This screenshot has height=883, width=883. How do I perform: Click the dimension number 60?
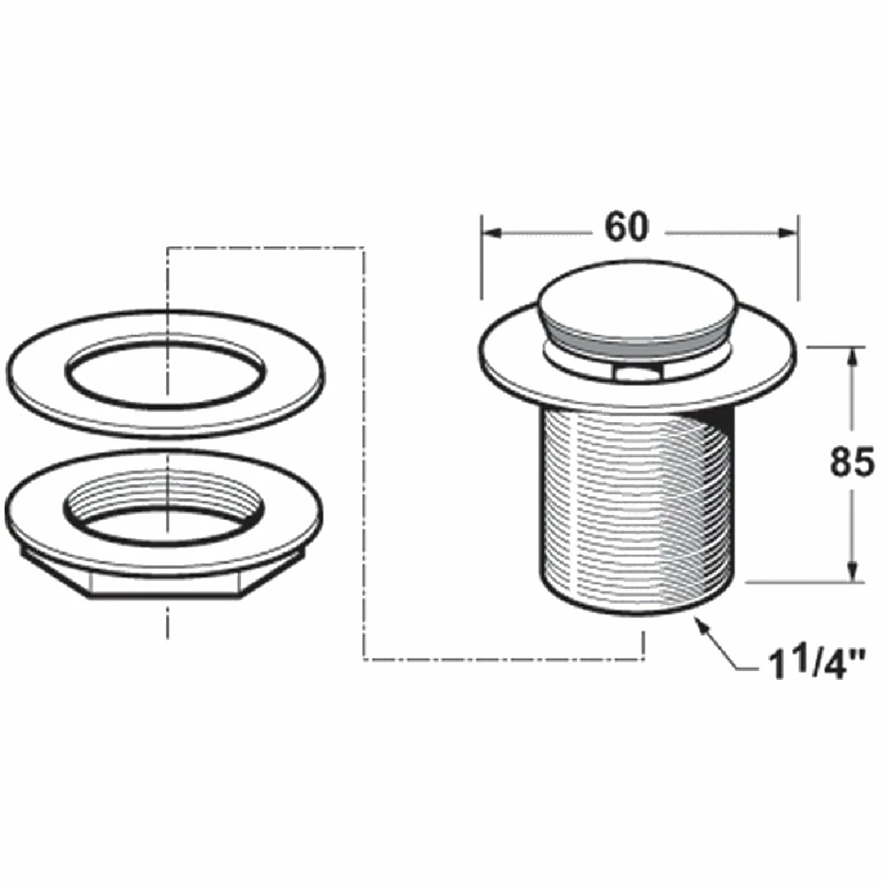pos(626,228)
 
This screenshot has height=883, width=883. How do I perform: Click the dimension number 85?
pos(852,462)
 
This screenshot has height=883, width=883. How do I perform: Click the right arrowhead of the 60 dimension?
pos(789,233)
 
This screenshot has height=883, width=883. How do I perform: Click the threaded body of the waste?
pos(618,503)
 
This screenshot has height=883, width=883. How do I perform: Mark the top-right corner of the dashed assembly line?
pos(365,248)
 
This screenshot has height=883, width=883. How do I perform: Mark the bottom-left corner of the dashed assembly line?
pos(365,659)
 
